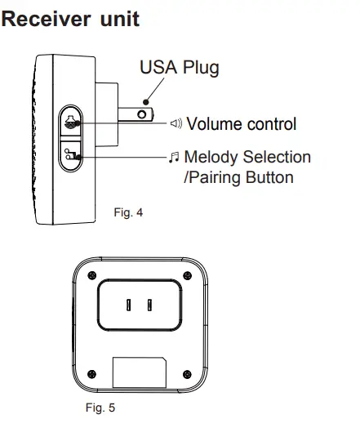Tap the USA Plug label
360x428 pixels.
[180, 67]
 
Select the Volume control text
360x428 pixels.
[241, 124]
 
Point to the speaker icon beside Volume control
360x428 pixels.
[176, 124]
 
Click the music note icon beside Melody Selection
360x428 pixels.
[174, 157]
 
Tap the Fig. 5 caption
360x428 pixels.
[100, 408]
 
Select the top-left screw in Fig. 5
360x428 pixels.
[91, 274]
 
